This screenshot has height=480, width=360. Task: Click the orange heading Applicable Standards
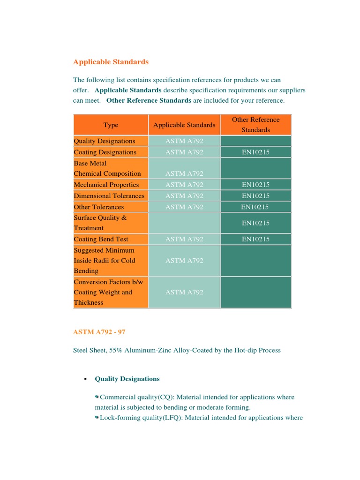pyautogui.click(x=111, y=62)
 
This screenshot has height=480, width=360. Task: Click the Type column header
pyautogui.click(x=111, y=125)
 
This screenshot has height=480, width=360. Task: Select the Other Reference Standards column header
pyautogui.click(x=255, y=125)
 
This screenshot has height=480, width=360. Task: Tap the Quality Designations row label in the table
pyautogui.click(x=105, y=141)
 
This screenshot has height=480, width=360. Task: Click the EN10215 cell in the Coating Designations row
pyautogui.click(x=255, y=152)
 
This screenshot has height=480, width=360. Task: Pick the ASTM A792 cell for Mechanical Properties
pyautogui.click(x=184, y=185)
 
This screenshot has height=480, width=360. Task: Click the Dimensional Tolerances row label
pyautogui.click(x=109, y=196)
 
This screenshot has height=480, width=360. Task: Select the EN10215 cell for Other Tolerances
pyautogui.click(x=255, y=207)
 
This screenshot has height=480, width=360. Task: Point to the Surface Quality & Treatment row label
pyautogui.click(x=100, y=223)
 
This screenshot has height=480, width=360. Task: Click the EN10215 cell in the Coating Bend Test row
pyautogui.click(x=255, y=239)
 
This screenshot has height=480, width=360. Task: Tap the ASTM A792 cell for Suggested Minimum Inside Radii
pyautogui.click(x=184, y=261)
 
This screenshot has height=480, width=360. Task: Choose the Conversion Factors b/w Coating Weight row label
pyautogui.click(x=103, y=292)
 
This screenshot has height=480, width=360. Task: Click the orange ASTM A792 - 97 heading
pyautogui.click(x=99, y=332)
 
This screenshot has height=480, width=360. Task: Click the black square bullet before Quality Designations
pyautogui.click(x=85, y=379)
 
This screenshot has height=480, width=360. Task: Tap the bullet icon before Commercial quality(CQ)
pyautogui.click(x=97, y=397)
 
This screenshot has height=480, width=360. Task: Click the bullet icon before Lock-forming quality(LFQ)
pyautogui.click(x=97, y=417)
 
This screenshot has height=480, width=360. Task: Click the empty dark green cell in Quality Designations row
pyautogui.click(x=255, y=141)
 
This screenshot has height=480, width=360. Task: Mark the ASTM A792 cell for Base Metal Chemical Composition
pyautogui.click(x=184, y=173)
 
